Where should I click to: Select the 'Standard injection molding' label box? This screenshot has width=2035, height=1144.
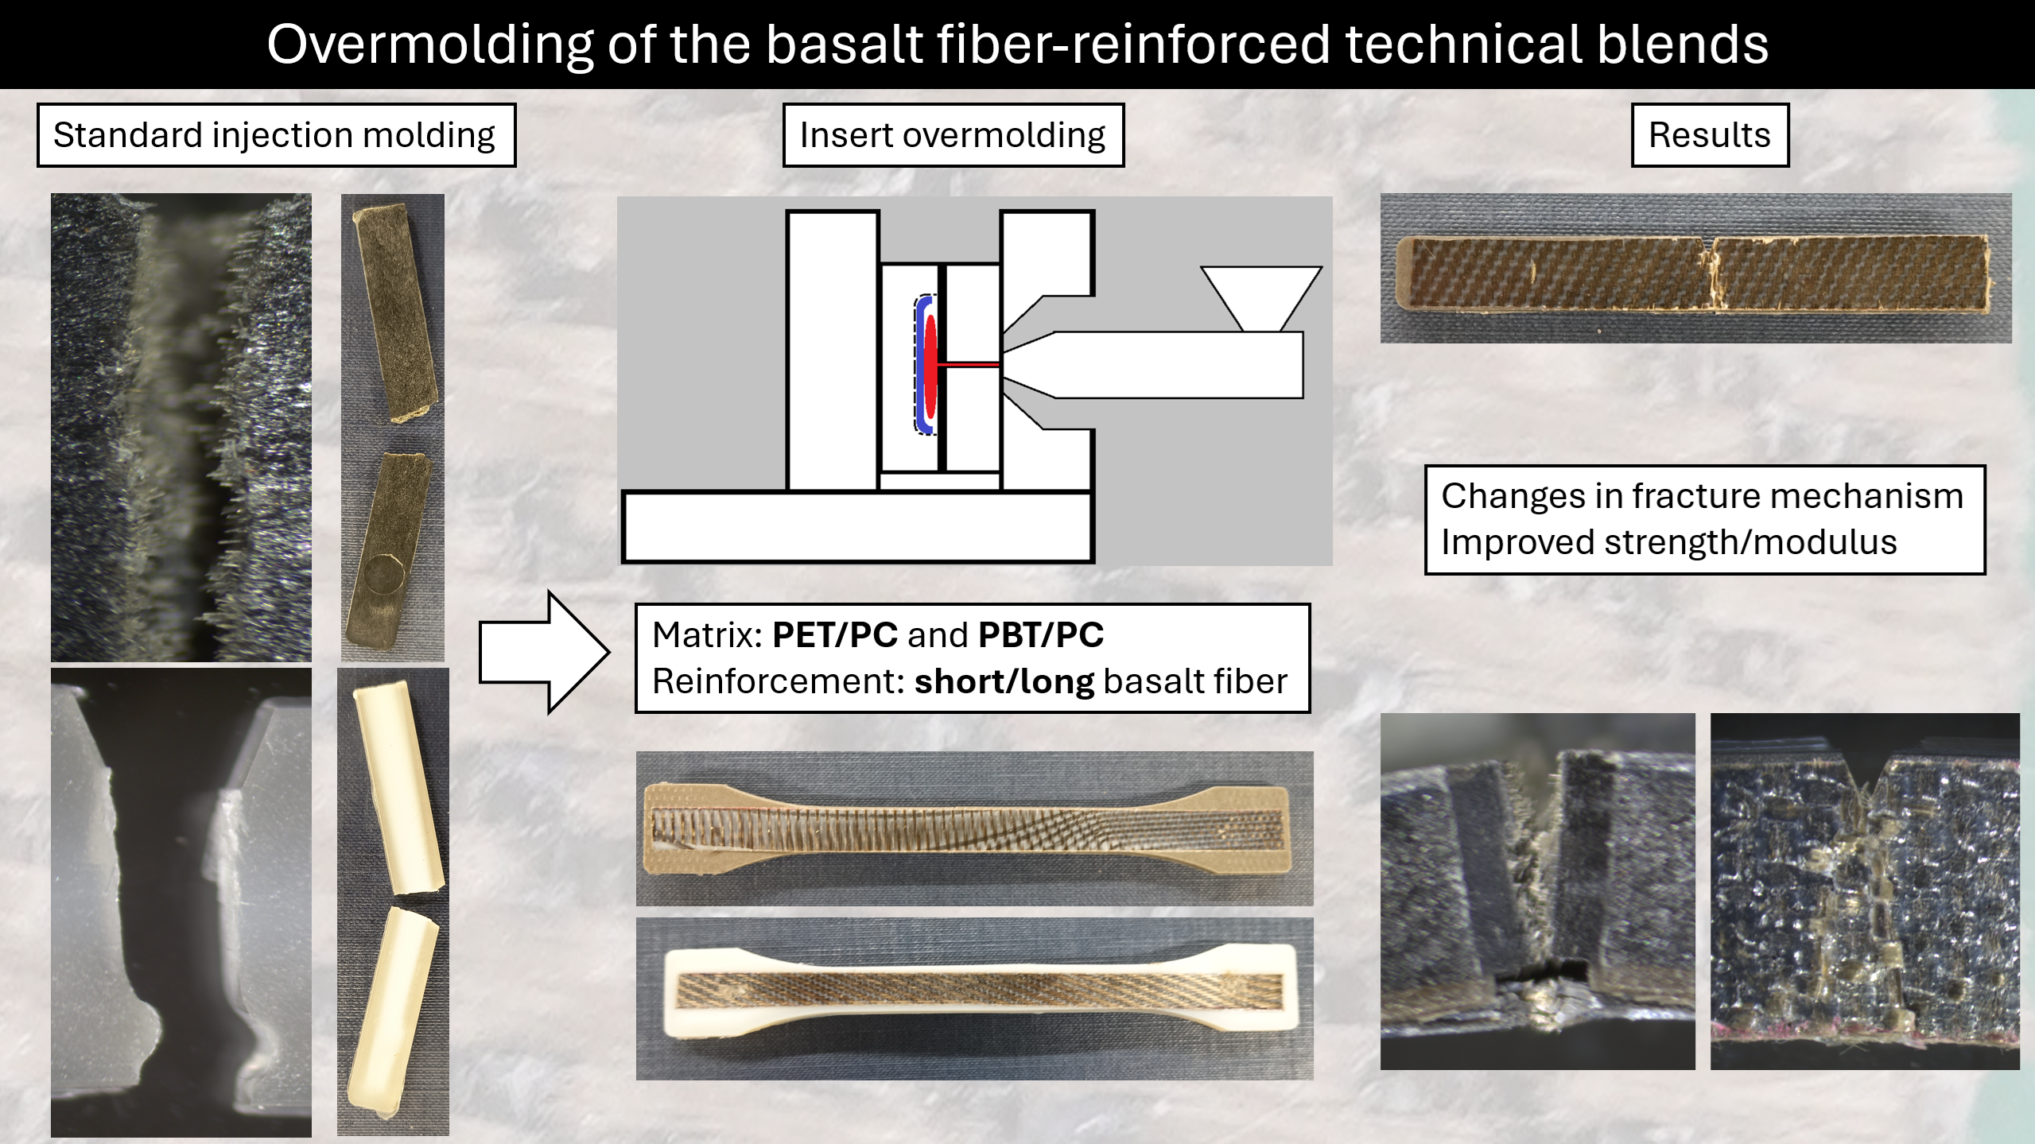point(276,135)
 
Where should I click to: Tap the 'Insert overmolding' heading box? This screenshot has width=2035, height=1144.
point(953,135)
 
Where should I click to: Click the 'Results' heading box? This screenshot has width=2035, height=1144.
point(1710,135)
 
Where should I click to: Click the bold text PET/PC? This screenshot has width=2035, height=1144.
point(835,635)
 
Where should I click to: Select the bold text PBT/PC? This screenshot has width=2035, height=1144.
point(1041,635)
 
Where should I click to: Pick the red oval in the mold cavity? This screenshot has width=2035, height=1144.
point(930,364)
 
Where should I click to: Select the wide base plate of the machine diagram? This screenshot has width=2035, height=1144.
point(857,527)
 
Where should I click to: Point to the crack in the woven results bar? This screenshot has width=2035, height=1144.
point(1710,274)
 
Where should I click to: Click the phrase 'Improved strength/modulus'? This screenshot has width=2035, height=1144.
point(1668,542)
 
